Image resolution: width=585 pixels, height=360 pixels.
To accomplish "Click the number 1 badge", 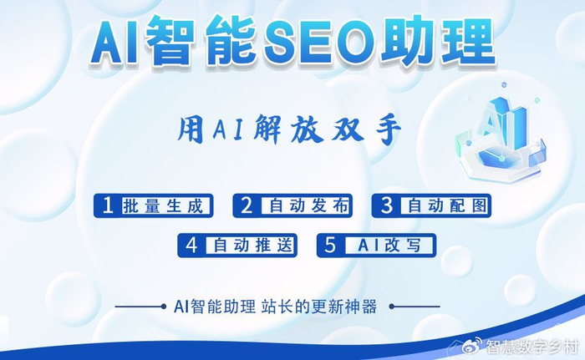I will (x=108, y=205).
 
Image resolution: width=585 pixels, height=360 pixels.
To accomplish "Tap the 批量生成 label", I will (x=163, y=205).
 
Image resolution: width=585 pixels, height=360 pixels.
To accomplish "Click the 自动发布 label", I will (x=302, y=205).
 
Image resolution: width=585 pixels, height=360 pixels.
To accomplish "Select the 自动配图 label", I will (x=442, y=205).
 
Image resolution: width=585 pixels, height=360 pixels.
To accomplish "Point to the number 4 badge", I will (x=191, y=246).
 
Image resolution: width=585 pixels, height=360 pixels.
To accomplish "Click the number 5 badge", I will (x=331, y=246).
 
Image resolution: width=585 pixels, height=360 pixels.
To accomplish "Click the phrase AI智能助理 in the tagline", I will (x=214, y=307).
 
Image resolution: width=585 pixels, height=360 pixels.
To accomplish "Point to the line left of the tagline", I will (x=139, y=307).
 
